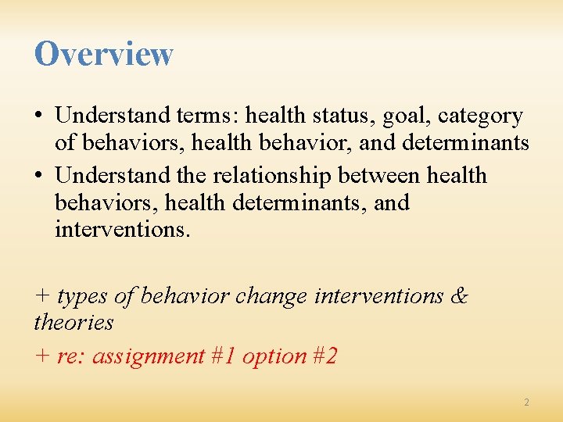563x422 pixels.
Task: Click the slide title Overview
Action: click(x=103, y=54)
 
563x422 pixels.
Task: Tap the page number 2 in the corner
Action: click(x=526, y=402)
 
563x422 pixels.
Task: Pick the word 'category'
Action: click(x=480, y=116)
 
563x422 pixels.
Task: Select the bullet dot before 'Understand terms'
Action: click(x=39, y=116)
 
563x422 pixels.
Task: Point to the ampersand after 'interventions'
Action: click(x=460, y=296)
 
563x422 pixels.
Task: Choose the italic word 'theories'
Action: click(x=74, y=322)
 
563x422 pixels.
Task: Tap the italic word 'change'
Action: click(x=271, y=296)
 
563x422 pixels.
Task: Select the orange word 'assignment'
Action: click(x=149, y=356)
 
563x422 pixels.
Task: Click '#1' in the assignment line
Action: click(x=224, y=356)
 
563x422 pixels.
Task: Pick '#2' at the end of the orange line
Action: click(x=325, y=356)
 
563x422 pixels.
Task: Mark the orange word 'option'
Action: click(x=274, y=356)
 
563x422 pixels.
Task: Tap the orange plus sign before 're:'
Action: click(x=42, y=357)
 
